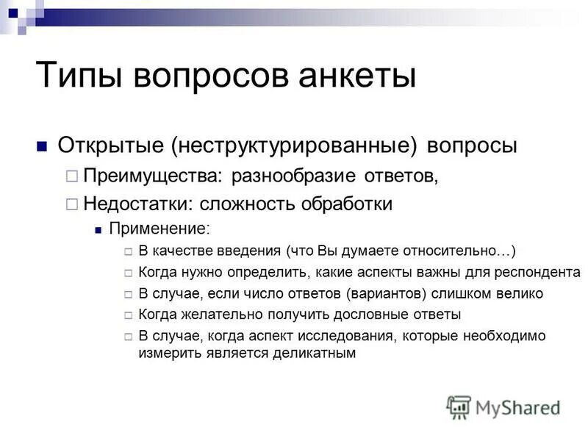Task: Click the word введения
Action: click(248, 251)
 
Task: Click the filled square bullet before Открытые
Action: click(42, 146)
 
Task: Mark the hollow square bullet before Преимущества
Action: click(71, 176)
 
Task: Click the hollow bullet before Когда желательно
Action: click(128, 315)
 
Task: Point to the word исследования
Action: click(340, 336)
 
